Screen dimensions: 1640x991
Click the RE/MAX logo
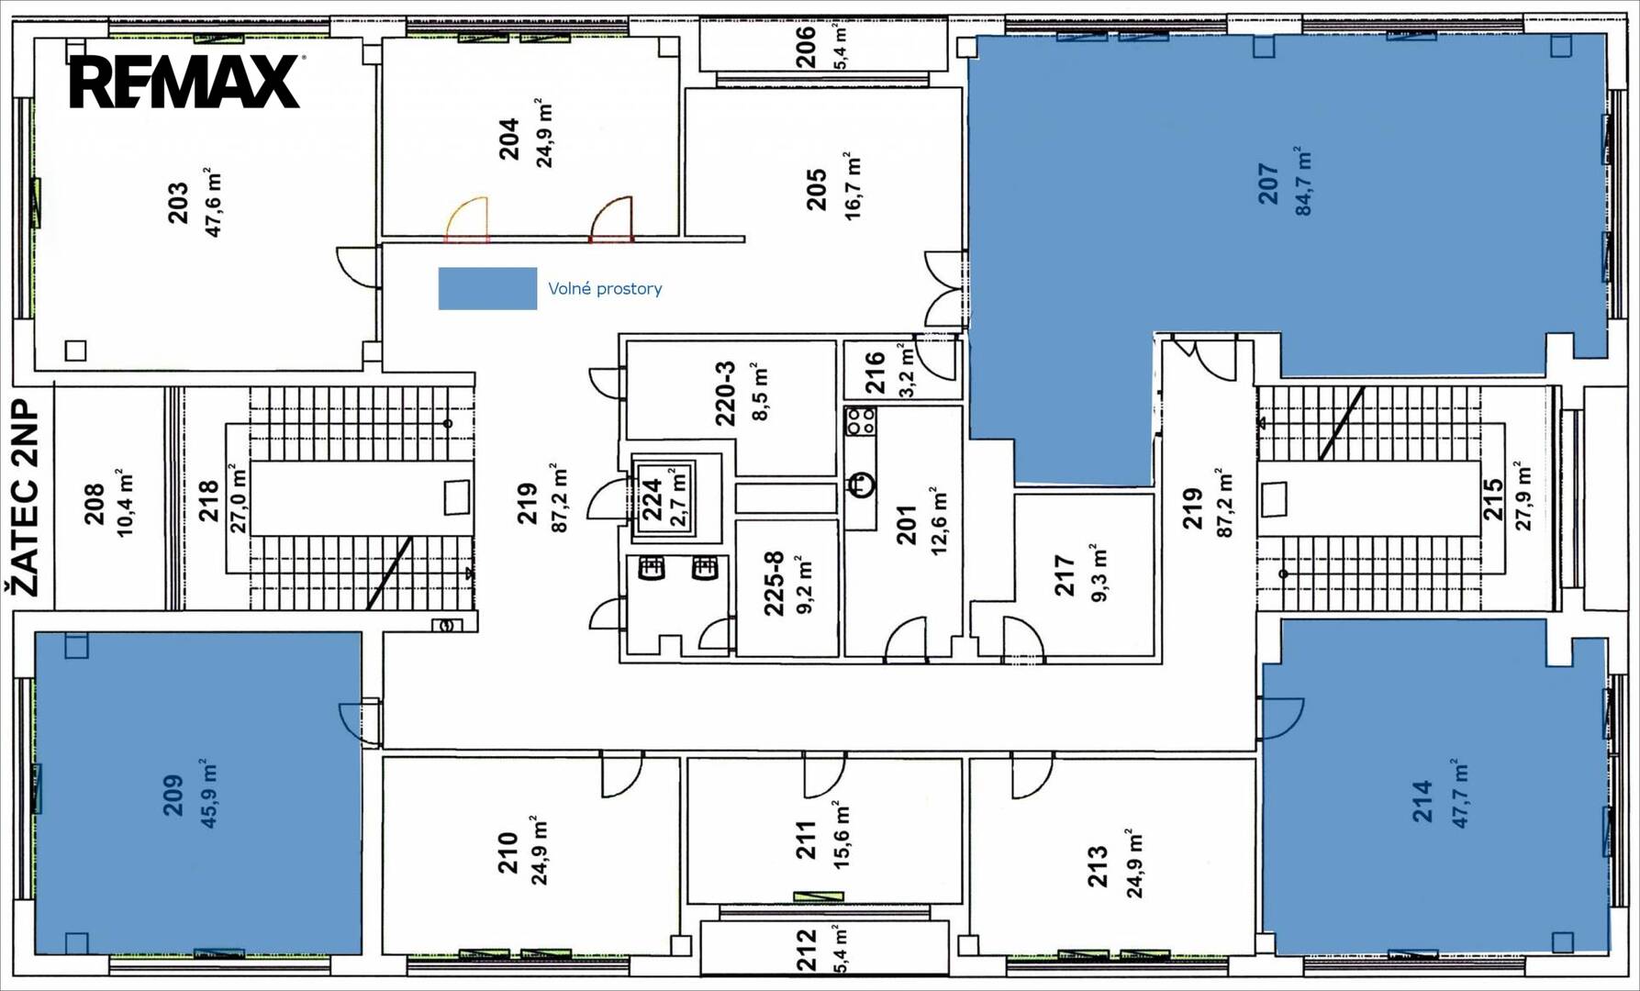click(184, 82)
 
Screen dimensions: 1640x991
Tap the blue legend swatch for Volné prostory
click(487, 288)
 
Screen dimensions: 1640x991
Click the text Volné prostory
click(605, 289)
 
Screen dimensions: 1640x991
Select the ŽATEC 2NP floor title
click(27, 497)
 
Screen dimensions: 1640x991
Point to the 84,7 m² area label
click(1302, 181)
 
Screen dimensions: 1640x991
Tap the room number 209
click(173, 795)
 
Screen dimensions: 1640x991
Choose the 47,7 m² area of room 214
click(1458, 794)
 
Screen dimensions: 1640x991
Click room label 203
click(178, 203)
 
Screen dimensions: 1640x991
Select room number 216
click(875, 372)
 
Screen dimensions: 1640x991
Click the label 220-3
click(725, 394)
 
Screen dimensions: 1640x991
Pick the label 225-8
click(774, 583)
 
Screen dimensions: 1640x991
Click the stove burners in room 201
click(861, 421)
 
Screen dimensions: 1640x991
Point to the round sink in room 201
click(861, 484)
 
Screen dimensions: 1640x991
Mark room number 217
click(1065, 575)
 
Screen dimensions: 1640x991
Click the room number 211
click(806, 840)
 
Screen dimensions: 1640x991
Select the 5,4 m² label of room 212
click(842, 949)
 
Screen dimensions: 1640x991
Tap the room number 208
click(95, 504)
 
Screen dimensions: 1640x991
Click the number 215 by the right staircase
click(1492, 499)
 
